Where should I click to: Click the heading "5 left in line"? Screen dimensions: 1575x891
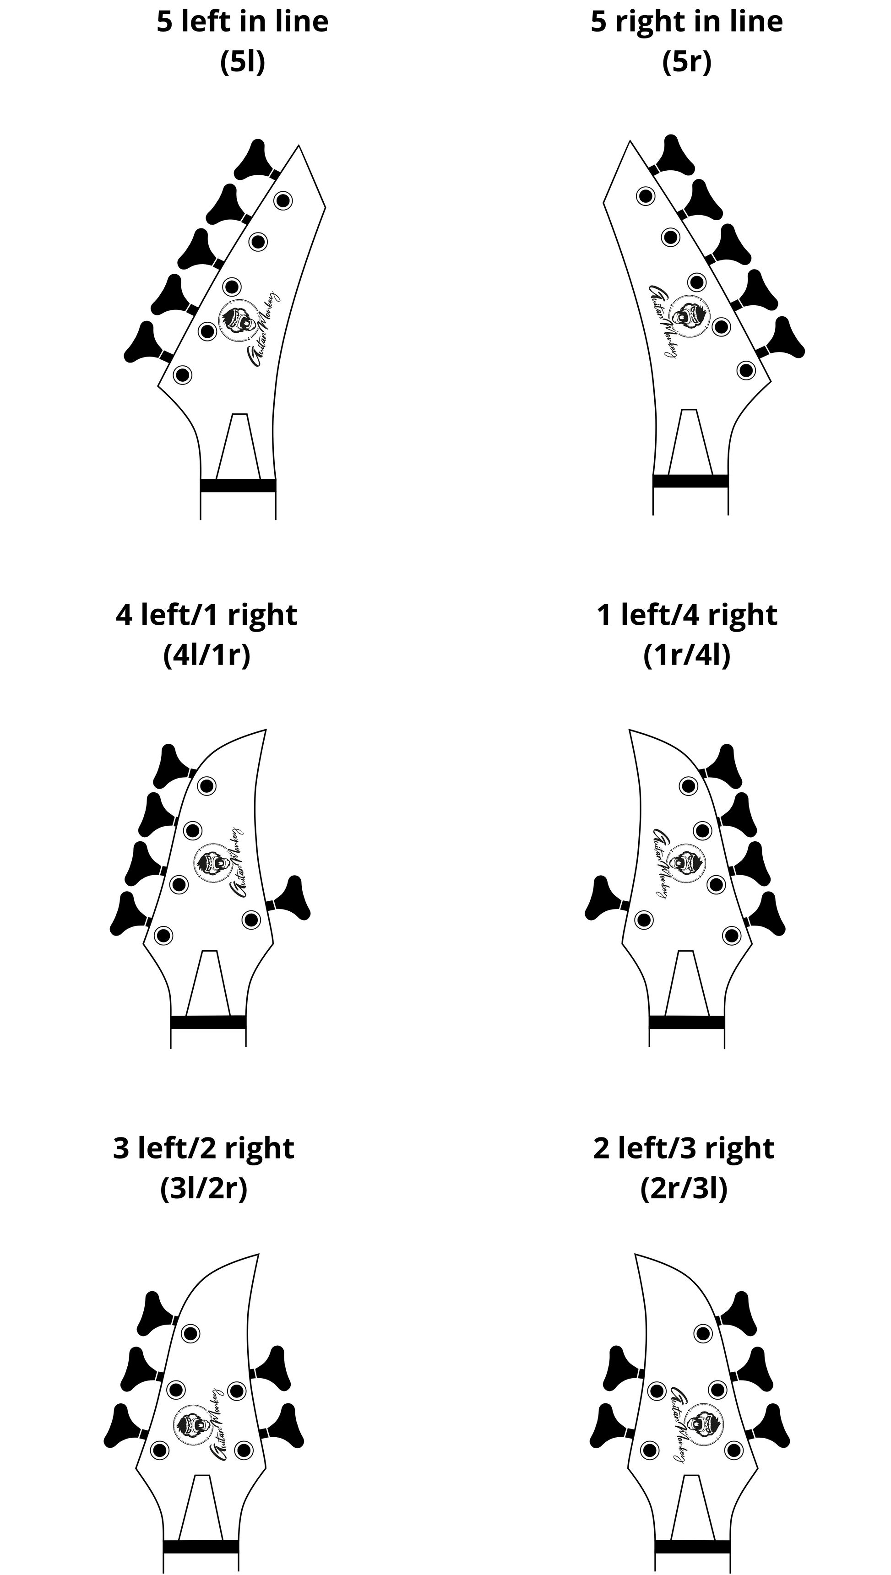242,22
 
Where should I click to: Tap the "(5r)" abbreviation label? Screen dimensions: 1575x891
687,61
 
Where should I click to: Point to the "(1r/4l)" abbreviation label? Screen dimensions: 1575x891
687,655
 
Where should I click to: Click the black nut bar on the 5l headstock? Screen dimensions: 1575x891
238,486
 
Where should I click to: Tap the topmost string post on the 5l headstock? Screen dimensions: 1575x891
283,200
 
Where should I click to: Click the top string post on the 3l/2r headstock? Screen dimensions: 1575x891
191,1333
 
